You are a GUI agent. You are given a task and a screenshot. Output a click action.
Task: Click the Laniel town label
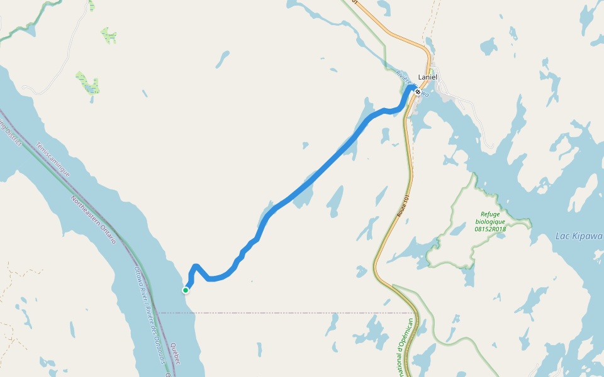(427, 77)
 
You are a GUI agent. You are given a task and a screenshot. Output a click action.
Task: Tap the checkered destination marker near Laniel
(418, 92)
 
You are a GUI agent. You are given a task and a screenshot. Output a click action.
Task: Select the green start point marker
(186, 290)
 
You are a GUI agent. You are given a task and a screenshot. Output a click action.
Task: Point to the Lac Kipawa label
(579, 236)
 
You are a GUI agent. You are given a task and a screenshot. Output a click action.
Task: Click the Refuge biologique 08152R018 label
(490, 221)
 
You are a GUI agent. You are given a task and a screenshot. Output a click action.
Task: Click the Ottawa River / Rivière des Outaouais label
(150, 314)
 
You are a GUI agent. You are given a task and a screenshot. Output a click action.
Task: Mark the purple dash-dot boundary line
(283, 312)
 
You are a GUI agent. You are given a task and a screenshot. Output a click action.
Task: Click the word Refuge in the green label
(490, 214)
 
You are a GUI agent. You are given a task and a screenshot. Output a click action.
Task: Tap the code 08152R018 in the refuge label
(490, 229)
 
